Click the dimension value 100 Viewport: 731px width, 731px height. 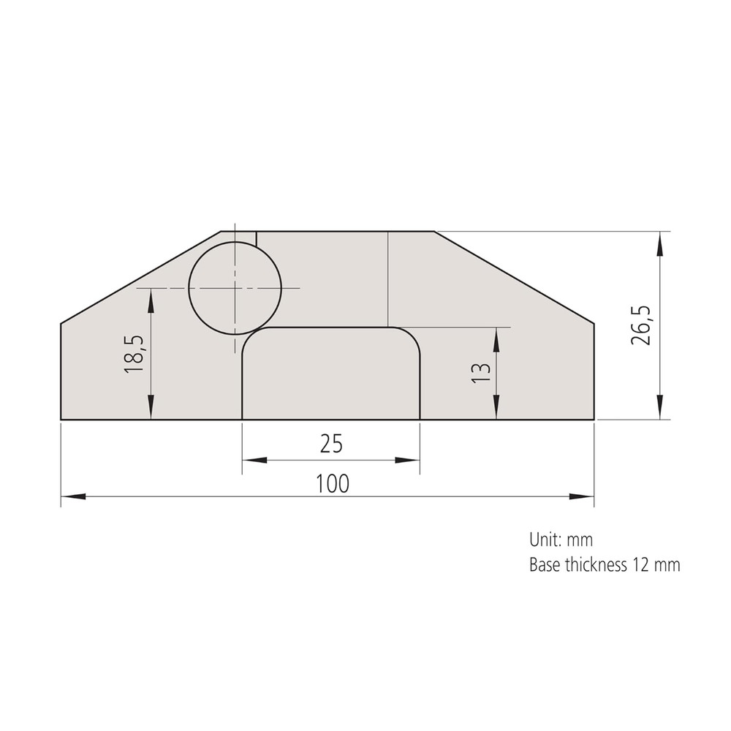[333, 483]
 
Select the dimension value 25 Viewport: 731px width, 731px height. [330, 443]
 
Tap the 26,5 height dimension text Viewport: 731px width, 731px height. [644, 325]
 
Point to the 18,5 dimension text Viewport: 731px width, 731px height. [135, 355]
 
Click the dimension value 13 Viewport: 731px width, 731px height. [480, 373]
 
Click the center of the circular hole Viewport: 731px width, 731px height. [235, 288]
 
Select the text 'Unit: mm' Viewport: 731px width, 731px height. [561, 540]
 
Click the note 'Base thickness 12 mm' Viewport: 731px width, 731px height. [604, 565]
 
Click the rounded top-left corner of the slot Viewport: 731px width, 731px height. [249, 335]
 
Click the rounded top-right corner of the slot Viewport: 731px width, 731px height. [412, 335]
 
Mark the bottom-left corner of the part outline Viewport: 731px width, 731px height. [61, 420]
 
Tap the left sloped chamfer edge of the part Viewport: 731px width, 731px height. [140, 277]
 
